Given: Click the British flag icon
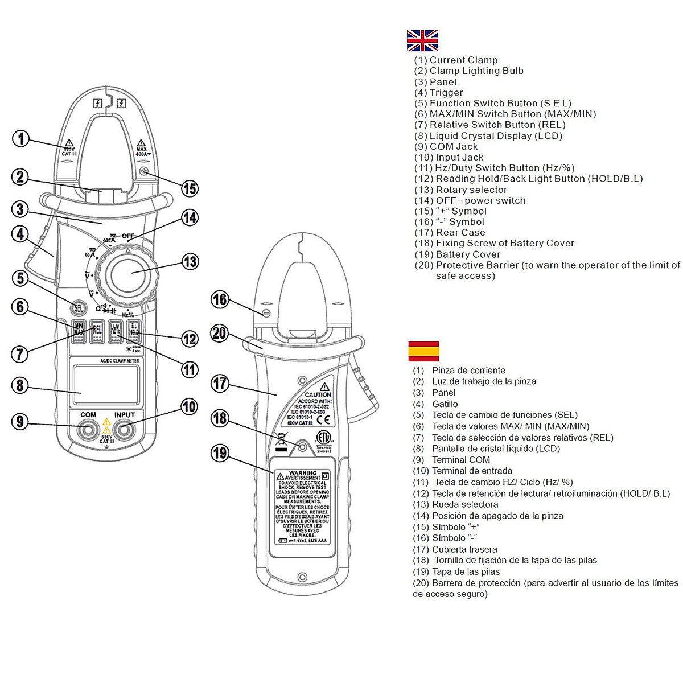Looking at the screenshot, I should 422,40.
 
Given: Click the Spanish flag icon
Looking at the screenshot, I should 423,351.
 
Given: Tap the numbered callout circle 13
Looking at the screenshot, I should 190,262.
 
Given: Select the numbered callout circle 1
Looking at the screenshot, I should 21,138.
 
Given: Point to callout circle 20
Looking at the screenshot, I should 220,333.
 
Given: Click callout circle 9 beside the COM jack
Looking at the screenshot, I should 20,422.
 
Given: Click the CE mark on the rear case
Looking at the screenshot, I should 323,421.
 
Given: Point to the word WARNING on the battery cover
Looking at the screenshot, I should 303,473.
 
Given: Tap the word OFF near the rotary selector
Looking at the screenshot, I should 128,236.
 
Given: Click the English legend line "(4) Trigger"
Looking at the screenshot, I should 438,93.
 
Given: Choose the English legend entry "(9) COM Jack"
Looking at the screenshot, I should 446,146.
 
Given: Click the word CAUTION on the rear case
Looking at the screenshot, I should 318,394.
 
